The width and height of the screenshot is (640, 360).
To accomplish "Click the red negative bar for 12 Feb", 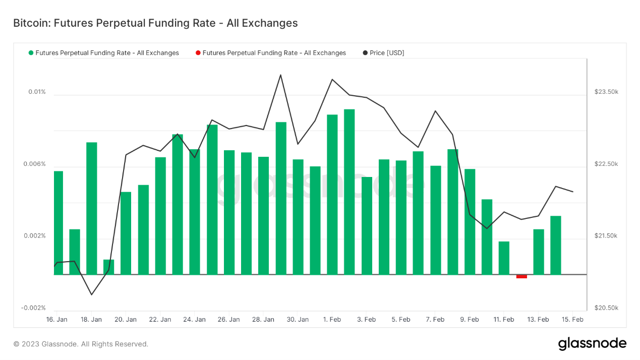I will pos(521,276).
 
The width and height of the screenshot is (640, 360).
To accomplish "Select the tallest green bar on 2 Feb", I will pos(349,192).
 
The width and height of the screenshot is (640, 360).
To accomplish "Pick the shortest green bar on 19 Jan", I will pos(108,267).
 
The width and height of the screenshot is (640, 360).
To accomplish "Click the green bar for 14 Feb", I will pos(556,245).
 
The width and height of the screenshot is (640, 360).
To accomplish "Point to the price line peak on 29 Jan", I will pos(280,75).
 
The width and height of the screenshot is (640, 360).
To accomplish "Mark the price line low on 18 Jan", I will pos(91,294).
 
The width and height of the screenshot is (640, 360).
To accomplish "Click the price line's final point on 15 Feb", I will pos(573,192).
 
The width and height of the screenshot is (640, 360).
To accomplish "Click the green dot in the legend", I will pos(31,53).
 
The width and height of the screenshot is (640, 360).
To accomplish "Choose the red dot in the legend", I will pos(198,53).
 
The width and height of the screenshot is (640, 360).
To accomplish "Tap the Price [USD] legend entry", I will pos(386,53).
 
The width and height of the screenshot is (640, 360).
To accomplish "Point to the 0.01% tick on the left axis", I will pos(37,92).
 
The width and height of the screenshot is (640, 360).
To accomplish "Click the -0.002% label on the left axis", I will pos(33,308).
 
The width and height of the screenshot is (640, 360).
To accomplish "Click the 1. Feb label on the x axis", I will pos(332,320).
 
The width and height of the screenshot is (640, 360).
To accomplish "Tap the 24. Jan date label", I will pos(194,320).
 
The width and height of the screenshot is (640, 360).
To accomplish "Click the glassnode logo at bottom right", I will pos(592,344).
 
